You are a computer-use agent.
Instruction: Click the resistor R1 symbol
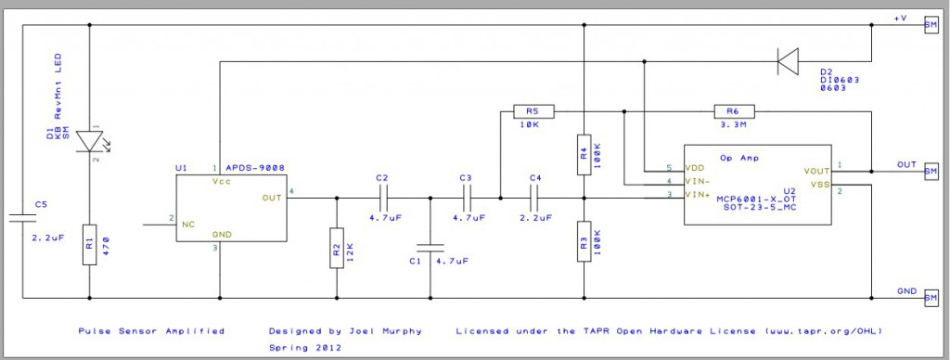pos(89,244)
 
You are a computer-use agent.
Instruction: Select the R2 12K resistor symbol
pos(336,248)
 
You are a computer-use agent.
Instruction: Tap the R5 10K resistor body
pos(533,111)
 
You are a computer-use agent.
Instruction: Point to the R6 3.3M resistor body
pos(734,111)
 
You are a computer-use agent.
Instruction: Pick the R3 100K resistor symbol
pos(583,241)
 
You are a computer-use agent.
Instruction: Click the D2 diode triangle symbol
pos(788,63)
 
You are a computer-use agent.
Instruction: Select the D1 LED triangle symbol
pos(89,140)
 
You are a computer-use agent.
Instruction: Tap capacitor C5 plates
pos(22,219)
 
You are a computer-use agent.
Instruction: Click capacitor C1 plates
pos(430,248)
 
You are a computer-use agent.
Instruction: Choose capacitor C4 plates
pos(533,197)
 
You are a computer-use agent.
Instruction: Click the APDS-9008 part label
pos(254,168)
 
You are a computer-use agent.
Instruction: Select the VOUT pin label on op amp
pos(816,171)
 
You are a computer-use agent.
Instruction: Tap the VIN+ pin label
pos(698,195)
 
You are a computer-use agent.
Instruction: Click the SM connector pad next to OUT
pos(931,171)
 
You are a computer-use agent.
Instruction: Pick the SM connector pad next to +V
pos(931,25)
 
